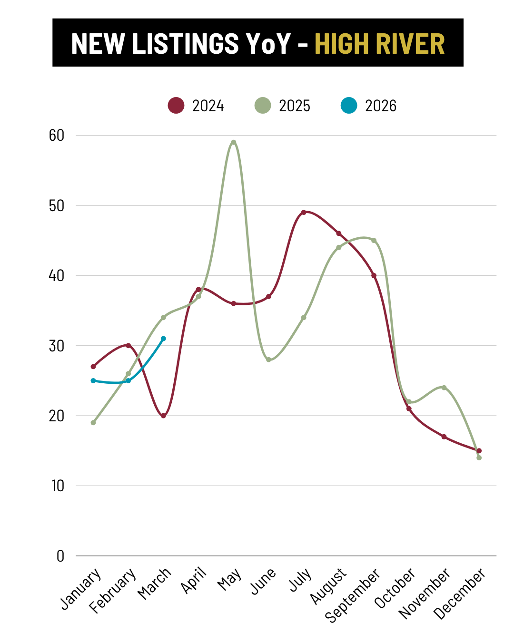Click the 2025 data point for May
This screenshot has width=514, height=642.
click(x=233, y=142)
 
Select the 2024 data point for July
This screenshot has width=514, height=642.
click(x=304, y=212)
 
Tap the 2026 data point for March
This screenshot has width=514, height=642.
click(x=163, y=339)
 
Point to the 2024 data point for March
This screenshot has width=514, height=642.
click(x=163, y=416)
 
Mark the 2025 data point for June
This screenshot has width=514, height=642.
click(x=268, y=360)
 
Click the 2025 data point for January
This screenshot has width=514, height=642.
click(x=93, y=422)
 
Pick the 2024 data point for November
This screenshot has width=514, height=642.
click(x=444, y=437)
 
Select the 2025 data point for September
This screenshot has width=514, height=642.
click(x=374, y=240)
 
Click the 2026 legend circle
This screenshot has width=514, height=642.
click(x=349, y=106)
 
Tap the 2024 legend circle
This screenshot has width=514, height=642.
click(x=176, y=106)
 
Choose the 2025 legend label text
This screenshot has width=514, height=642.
click(x=294, y=106)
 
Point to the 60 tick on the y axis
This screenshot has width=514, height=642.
click(x=57, y=136)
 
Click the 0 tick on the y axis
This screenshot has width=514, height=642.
click(x=60, y=556)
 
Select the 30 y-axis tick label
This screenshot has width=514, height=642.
click(x=57, y=346)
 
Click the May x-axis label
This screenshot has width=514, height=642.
click(x=229, y=580)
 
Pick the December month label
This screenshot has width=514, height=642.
click(x=460, y=594)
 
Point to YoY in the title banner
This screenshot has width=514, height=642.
click(x=268, y=44)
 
